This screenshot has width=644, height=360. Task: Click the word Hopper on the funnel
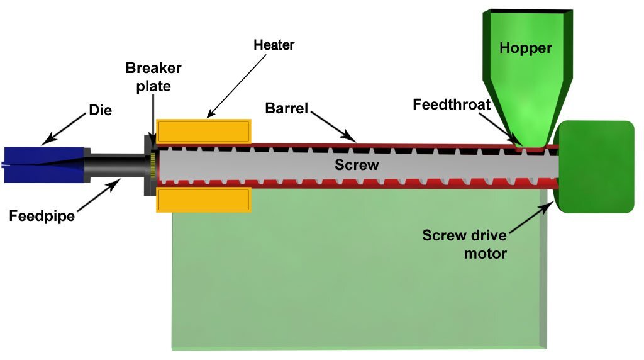526,48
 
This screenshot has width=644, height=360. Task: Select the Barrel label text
287,108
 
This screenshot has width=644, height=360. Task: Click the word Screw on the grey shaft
357,165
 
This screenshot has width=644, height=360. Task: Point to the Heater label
274,45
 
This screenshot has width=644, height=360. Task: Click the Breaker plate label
153,77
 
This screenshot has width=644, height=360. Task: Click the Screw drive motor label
464,245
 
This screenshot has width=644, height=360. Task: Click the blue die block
44,165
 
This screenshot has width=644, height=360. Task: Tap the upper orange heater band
203,132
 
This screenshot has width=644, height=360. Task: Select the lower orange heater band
203,200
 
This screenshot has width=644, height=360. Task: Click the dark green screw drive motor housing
594,167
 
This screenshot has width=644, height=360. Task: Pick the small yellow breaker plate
153,166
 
